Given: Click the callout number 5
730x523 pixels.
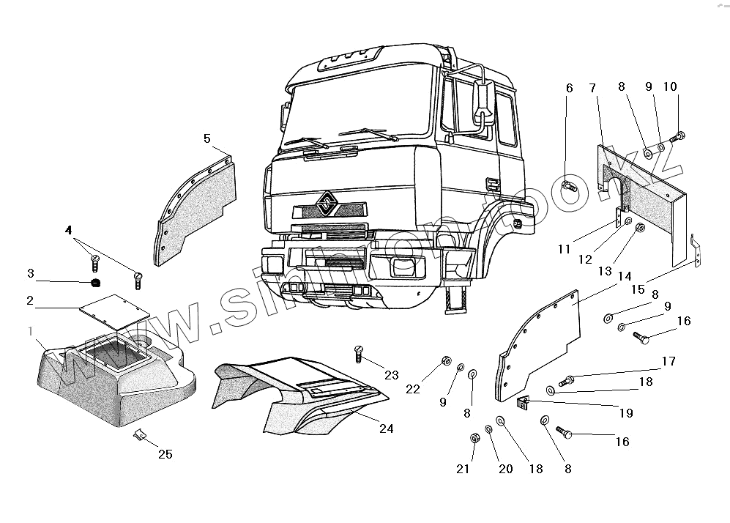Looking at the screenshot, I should click(x=206, y=138).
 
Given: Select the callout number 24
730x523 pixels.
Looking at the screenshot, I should click(x=386, y=429).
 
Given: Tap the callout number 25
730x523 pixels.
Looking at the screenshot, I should click(x=165, y=454).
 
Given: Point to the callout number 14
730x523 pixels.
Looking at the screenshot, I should click(x=625, y=276).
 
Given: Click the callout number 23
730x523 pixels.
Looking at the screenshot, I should click(x=391, y=375).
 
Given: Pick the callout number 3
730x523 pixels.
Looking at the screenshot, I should click(x=30, y=273).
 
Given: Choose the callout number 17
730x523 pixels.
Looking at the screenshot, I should click(x=668, y=360).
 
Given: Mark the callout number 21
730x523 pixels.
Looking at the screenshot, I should click(x=463, y=469).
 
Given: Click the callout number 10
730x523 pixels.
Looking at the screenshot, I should click(x=670, y=86).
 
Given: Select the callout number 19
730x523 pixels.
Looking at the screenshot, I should click(x=625, y=413).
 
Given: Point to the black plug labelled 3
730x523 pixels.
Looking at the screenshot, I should click(x=94, y=283).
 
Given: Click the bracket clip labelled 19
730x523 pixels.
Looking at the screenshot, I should click(x=523, y=401).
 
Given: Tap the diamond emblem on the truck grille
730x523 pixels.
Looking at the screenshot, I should click(x=326, y=203).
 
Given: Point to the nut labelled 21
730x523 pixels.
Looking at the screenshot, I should click(x=474, y=439).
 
